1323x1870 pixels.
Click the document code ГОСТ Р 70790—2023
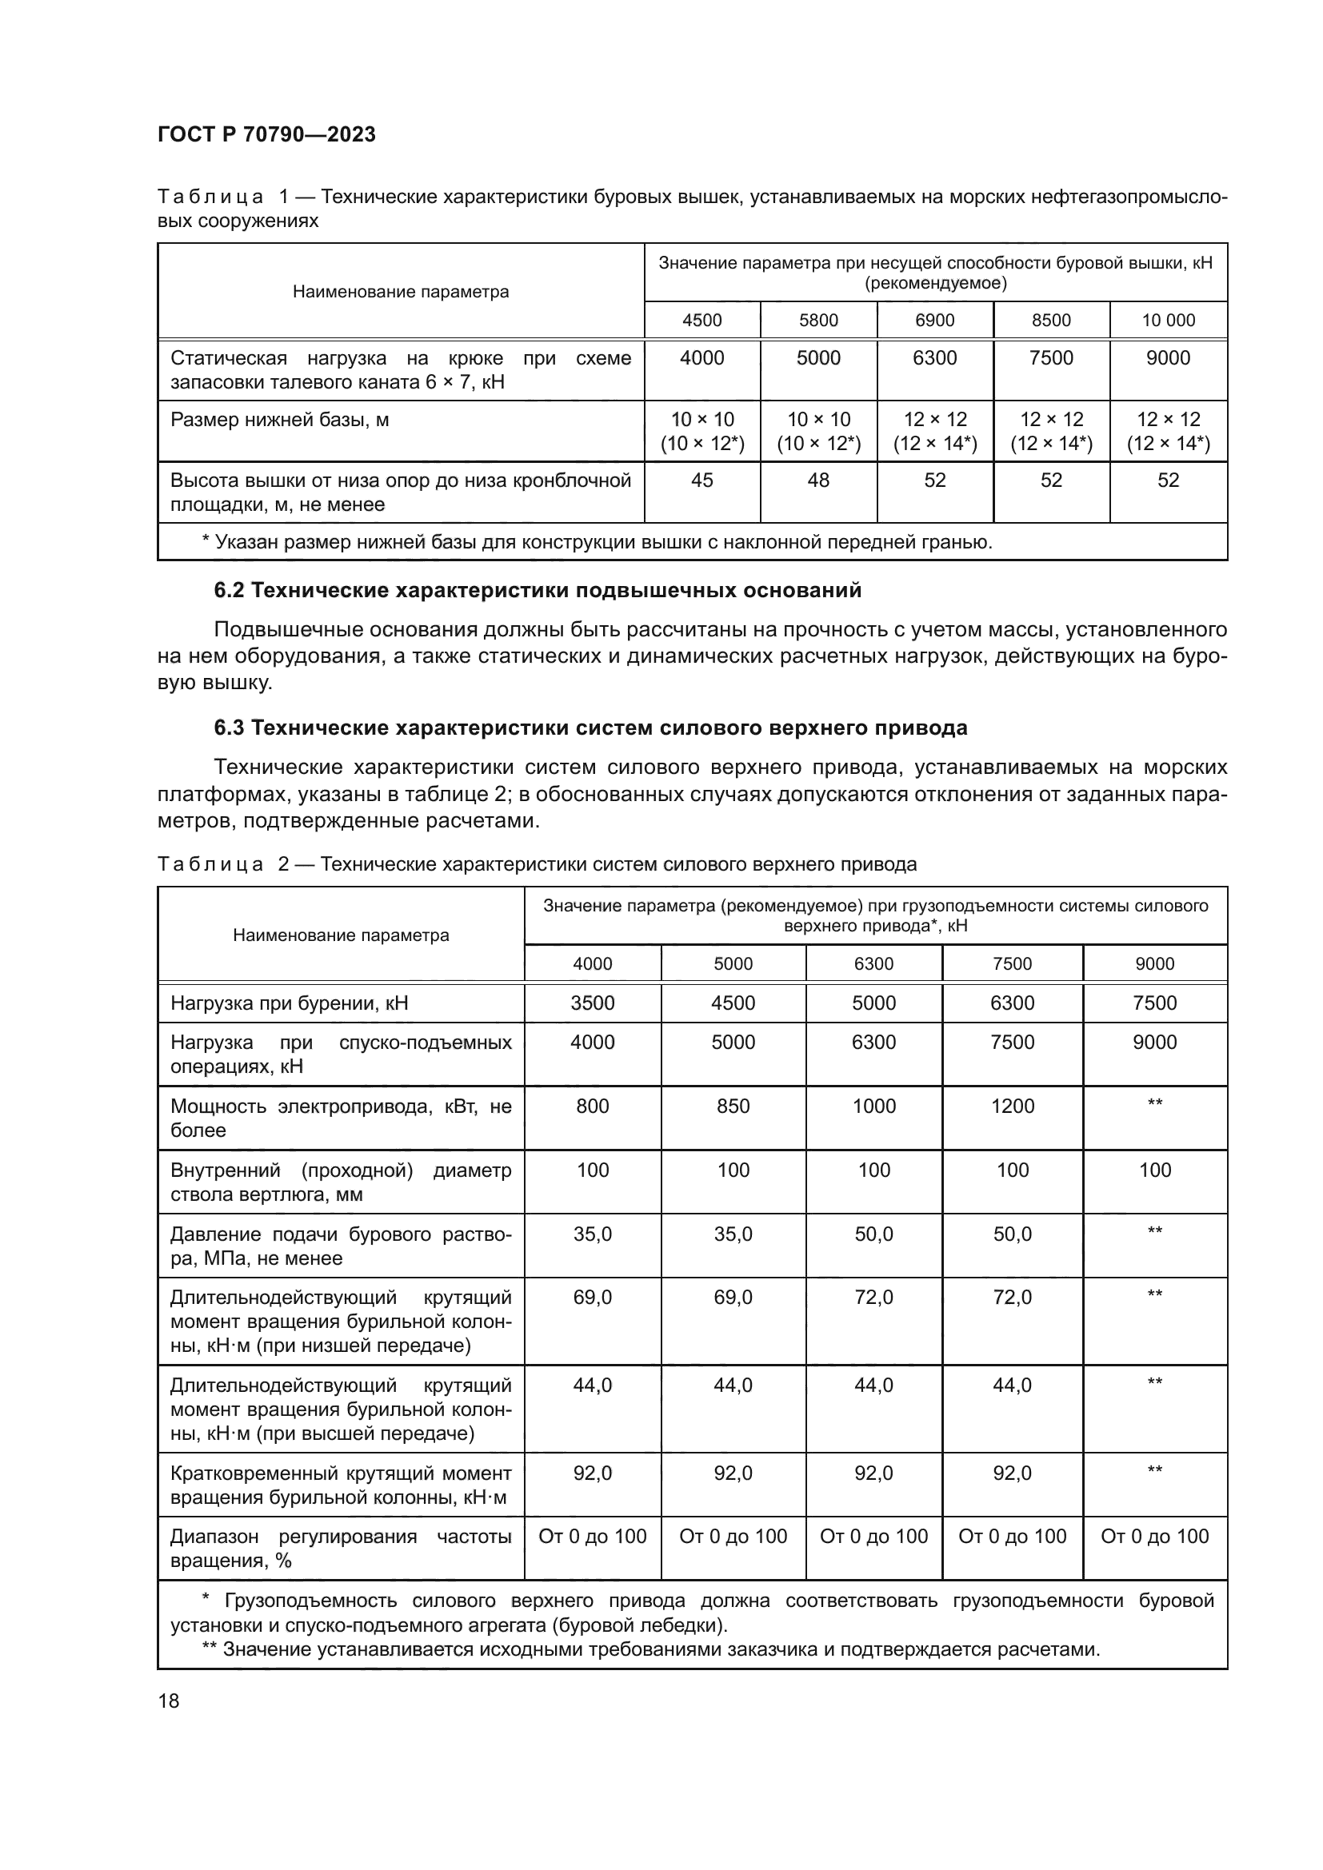(266, 134)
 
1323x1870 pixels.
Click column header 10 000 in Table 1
(1167, 320)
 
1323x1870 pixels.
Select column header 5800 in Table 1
(818, 320)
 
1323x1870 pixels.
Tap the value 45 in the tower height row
(701, 480)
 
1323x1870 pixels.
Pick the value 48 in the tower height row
(818, 480)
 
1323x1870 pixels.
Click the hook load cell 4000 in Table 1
(701, 357)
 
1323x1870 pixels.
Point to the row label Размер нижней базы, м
(279, 420)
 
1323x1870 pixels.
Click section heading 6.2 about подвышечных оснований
(537, 590)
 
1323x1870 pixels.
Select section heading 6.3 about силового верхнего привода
(590, 728)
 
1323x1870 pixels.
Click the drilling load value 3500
(592, 1003)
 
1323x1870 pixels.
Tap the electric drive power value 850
(733, 1106)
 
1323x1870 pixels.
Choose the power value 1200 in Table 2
(1012, 1106)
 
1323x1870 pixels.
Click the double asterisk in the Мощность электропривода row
(1154, 1103)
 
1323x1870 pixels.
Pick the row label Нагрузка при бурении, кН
(290, 1003)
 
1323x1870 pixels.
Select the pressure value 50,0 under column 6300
(873, 1234)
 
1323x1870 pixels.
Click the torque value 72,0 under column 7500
(1012, 1297)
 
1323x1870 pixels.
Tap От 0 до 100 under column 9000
(1154, 1536)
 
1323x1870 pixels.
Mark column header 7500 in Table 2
(1012, 963)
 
